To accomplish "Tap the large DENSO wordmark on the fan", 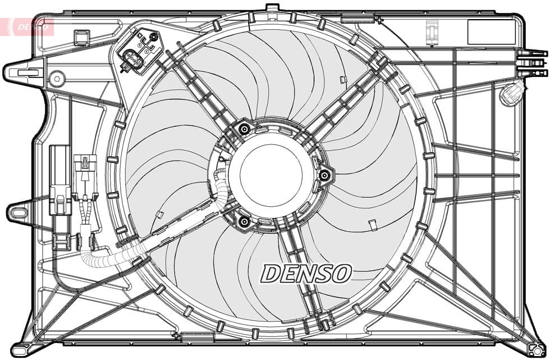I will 306,274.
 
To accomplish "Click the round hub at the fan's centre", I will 271,175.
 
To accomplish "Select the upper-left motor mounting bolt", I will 244,130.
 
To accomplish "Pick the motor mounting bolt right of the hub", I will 324,176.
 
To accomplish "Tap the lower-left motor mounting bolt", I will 244,222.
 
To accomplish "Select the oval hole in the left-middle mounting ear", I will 17,213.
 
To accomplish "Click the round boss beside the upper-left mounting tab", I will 56,79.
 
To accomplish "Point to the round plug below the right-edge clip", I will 511,94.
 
